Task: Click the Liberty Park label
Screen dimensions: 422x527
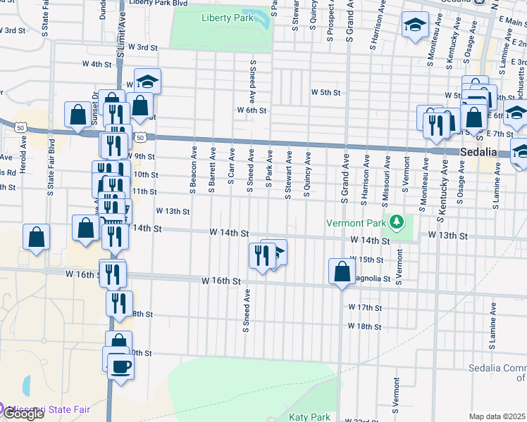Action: [x=227, y=18]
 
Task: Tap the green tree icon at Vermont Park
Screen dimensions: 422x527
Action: [x=397, y=223]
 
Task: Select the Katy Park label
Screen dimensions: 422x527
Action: [x=309, y=417]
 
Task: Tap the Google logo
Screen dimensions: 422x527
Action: [x=23, y=414]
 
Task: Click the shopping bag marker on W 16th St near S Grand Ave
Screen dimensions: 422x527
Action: [x=342, y=271]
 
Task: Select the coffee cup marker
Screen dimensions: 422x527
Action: [x=120, y=366]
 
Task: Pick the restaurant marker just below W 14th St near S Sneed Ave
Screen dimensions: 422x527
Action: [x=261, y=256]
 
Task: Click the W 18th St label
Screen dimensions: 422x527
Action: [x=365, y=326]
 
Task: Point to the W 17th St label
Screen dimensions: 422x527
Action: [x=365, y=307]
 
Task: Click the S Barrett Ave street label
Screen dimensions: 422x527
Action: [x=212, y=167]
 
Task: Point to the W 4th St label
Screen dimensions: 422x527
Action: [x=97, y=63]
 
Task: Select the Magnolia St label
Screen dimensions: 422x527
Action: [x=371, y=279]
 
